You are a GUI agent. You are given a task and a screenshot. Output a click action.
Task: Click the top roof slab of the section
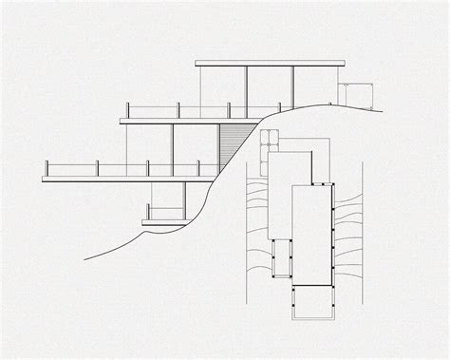click(271, 64)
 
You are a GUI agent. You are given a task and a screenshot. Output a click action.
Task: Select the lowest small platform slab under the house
click(163, 222)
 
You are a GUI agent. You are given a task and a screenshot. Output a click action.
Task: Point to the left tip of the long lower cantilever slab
click(45, 178)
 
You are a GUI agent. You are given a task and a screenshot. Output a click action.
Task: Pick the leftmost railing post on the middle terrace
click(127, 112)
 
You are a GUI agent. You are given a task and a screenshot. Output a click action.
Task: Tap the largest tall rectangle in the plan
click(310, 233)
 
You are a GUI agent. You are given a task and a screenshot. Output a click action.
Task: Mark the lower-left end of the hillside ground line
click(85, 257)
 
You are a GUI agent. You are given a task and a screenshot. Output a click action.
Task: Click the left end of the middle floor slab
click(122, 121)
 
